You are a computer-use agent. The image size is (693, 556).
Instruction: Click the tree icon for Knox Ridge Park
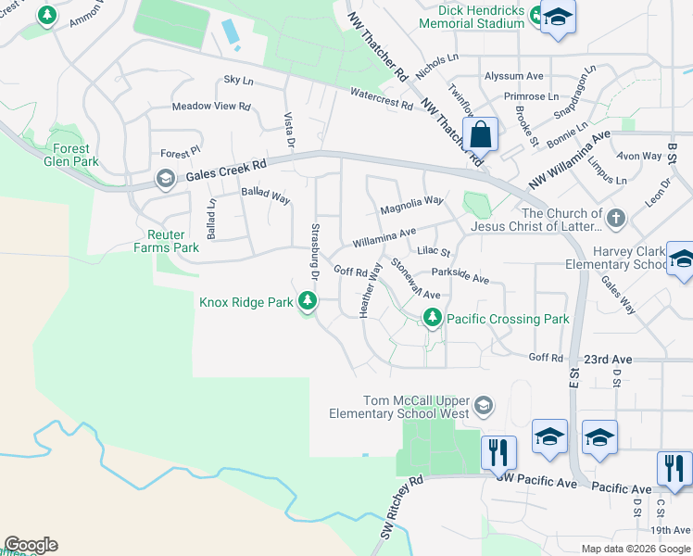pyautogui.click(x=308, y=301)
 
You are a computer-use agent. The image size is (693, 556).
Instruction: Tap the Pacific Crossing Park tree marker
pyautogui.click(x=432, y=319)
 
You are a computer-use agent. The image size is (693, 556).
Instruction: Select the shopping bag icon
pyautogui.click(x=481, y=135)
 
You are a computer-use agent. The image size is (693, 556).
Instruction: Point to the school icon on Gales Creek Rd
pyautogui.click(x=166, y=179)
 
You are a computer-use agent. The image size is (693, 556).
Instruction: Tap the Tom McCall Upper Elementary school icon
pyautogui.click(x=483, y=405)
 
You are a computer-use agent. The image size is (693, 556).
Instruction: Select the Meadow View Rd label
pyautogui.click(x=211, y=107)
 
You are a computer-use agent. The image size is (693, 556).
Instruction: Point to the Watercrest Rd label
pyautogui.click(x=382, y=98)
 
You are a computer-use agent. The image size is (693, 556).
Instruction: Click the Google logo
pyautogui.click(x=31, y=545)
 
